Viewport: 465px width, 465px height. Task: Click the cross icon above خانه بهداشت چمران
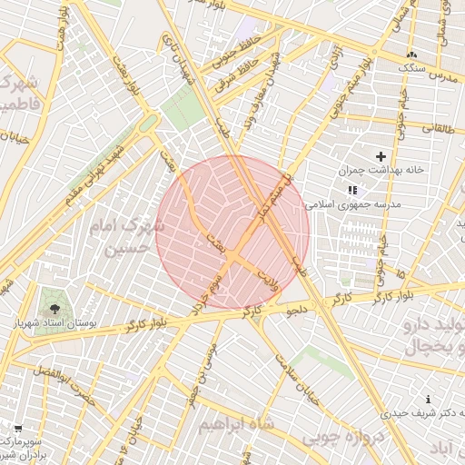(381, 156)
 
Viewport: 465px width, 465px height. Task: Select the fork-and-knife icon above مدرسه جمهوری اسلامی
(352, 190)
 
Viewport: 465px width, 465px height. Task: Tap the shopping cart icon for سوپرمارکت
(18, 427)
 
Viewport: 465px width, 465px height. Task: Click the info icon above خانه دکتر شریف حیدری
(429, 400)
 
